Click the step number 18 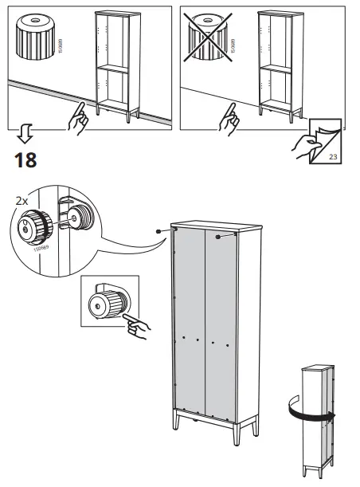[25, 160]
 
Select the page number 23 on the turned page [333, 158]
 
